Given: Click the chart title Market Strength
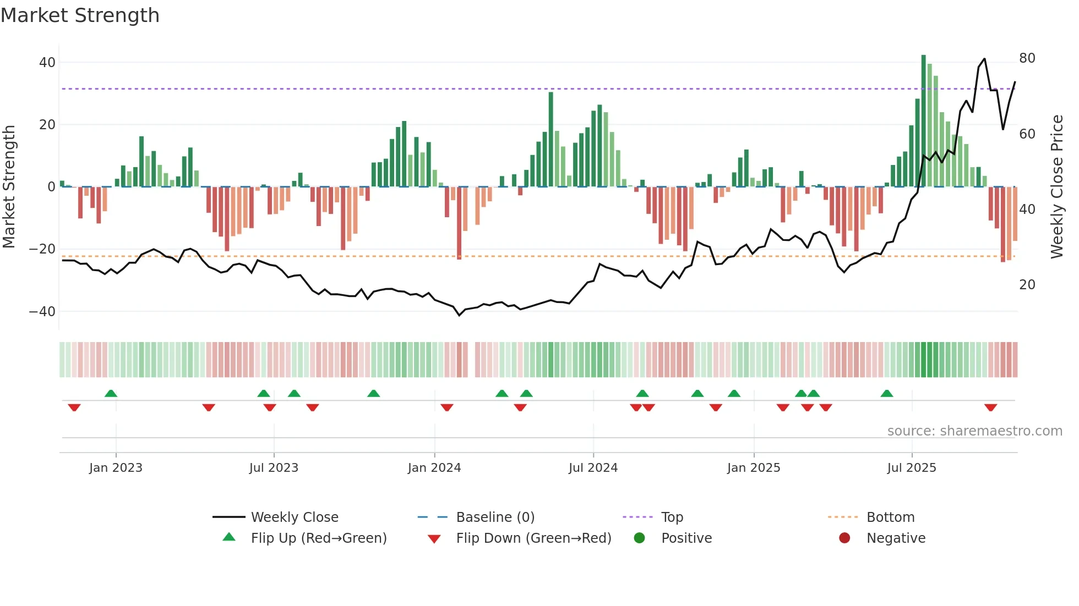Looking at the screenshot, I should tap(80, 15).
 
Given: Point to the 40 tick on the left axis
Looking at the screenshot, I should tap(47, 63).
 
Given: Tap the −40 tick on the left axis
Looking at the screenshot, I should tap(43, 312).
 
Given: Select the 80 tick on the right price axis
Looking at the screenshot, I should tap(1027, 58).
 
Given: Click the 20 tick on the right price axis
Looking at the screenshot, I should tap(1027, 285).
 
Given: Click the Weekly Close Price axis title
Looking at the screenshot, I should tap(1056, 187).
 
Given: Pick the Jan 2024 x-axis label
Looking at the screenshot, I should tap(434, 468).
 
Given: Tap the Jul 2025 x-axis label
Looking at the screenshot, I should tap(912, 468).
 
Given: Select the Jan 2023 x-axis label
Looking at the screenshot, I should tap(116, 468).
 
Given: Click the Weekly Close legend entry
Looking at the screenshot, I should tap(295, 517).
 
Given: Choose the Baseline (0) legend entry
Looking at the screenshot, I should tap(495, 517).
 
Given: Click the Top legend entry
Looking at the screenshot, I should tap(672, 517).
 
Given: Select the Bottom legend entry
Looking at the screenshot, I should tap(890, 517).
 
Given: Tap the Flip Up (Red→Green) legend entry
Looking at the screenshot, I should tap(319, 538).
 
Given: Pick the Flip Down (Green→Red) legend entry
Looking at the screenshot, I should tap(533, 538).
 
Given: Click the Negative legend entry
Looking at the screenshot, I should tap(896, 538).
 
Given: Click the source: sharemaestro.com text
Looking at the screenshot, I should tap(974, 431).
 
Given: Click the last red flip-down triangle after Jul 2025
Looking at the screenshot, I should tap(991, 407).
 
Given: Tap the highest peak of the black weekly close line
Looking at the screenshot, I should tap(984, 59).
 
